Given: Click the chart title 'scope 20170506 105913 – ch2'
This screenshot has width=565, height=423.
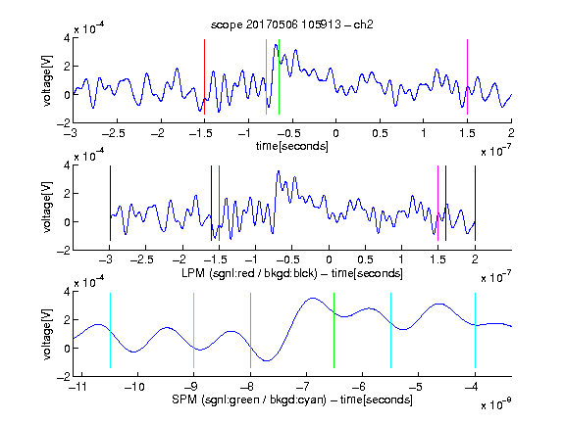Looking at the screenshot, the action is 292,24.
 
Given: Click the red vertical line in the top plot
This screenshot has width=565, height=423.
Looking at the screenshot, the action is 204,77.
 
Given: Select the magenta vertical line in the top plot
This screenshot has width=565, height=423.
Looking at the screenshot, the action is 467,77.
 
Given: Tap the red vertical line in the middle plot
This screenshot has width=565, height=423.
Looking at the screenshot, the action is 219,204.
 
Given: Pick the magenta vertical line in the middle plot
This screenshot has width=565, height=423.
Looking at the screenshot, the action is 437,204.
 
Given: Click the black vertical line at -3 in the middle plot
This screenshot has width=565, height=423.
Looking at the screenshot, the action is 110,204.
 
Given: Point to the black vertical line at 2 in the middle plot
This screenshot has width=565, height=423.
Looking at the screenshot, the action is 475,204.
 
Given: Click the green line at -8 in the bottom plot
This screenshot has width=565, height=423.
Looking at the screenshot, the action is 250,331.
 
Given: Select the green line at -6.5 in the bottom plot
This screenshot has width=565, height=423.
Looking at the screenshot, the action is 334,331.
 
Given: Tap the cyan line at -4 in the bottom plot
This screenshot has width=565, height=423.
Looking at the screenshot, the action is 475,331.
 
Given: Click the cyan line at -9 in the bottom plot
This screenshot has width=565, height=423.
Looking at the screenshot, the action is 194,331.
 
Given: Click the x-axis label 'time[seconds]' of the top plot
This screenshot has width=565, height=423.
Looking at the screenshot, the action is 292,146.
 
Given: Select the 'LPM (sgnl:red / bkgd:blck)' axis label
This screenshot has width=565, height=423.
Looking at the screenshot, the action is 249,273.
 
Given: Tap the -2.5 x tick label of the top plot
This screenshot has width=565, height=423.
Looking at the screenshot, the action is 114,133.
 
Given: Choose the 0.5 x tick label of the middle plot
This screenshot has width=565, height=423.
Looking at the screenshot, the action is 365,259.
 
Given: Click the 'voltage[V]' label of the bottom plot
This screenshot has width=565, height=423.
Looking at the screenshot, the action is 47,334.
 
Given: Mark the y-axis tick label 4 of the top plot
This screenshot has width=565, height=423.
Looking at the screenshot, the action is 67,38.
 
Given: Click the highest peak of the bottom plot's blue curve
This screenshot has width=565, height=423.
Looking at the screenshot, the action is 313,298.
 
